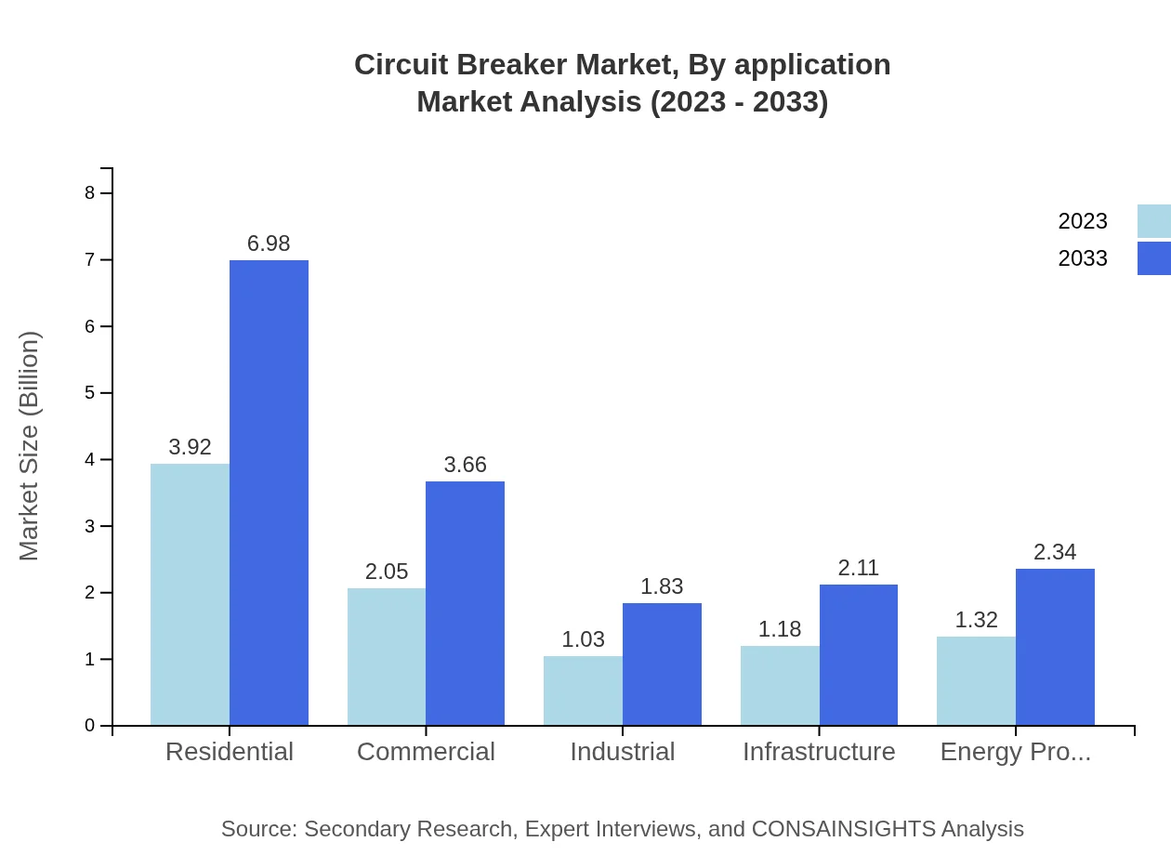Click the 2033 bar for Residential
(269, 493)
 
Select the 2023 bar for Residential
(190, 595)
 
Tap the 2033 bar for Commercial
(465, 603)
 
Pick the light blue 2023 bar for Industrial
(583, 691)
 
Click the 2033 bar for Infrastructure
(859, 654)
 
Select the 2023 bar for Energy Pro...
(976, 680)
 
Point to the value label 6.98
(269, 243)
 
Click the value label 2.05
(387, 572)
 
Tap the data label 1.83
(662, 586)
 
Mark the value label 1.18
(780, 629)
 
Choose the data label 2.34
(1055, 552)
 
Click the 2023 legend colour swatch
(1153, 221)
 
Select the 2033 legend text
(1083, 258)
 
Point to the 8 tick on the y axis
(90, 193)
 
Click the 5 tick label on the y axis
(90, 393)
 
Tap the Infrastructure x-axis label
(819, 751)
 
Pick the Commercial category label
(426, 751)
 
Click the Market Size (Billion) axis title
(30, 446)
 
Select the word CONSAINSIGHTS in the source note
(843, 828)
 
